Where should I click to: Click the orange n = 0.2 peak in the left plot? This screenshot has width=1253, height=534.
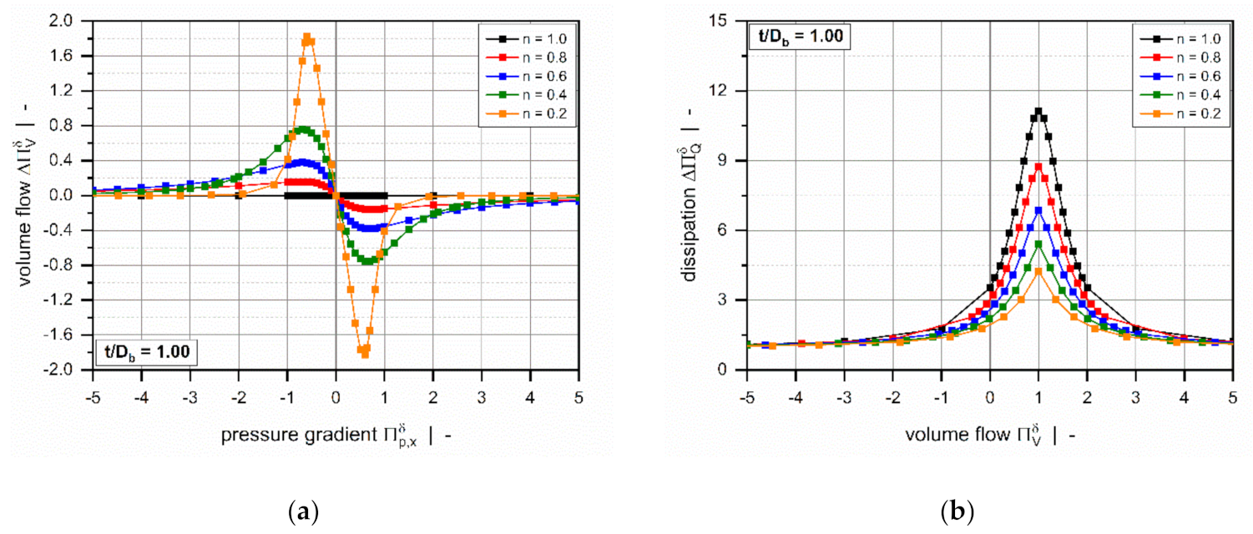(x=307, y=38)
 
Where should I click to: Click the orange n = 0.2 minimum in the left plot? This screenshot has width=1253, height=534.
(x=364, y=354)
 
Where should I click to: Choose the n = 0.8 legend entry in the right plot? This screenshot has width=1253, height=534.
(x=1177, y=57)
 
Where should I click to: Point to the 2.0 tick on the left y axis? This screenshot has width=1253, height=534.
(x=73, y=20)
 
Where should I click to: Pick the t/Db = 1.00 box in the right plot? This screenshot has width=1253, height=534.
(x=799, y=36)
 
